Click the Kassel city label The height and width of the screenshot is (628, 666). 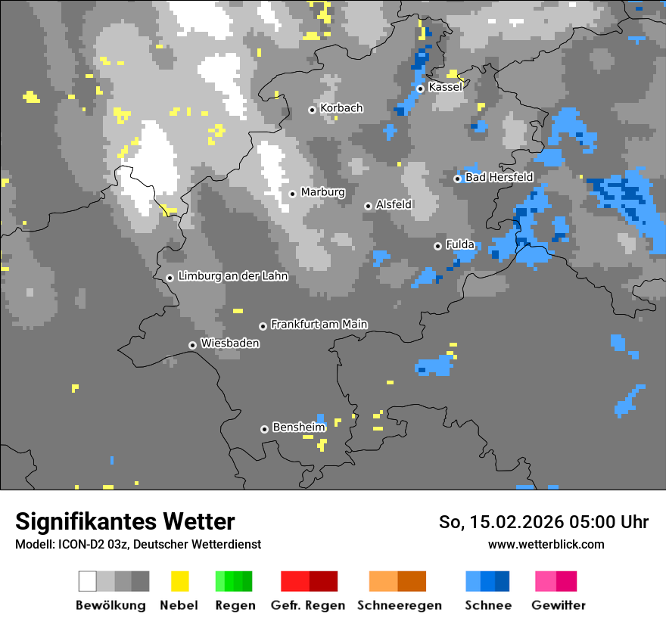(445, 87)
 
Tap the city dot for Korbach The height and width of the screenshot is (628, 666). (312, 110)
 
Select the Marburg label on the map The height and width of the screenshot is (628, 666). (322, 192)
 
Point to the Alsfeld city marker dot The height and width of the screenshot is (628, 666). (368, 206)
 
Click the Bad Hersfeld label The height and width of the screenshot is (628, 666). (499, 177)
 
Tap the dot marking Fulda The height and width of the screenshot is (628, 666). (437, 246)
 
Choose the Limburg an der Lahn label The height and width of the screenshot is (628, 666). (232, 276)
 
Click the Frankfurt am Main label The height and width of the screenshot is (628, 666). (319, 324)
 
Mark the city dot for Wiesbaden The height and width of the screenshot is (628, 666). (192, 345)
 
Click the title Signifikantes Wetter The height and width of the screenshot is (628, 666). (125, 521)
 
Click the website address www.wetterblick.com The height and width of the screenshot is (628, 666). (546, 544)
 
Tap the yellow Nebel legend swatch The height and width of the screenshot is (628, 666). (179, 581)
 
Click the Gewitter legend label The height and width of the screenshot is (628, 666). (558, 605)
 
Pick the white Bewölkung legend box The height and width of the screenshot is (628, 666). (88, 581)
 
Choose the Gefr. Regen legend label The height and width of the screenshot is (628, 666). (308, 605)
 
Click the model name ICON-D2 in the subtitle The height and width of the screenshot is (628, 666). (76, 544)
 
